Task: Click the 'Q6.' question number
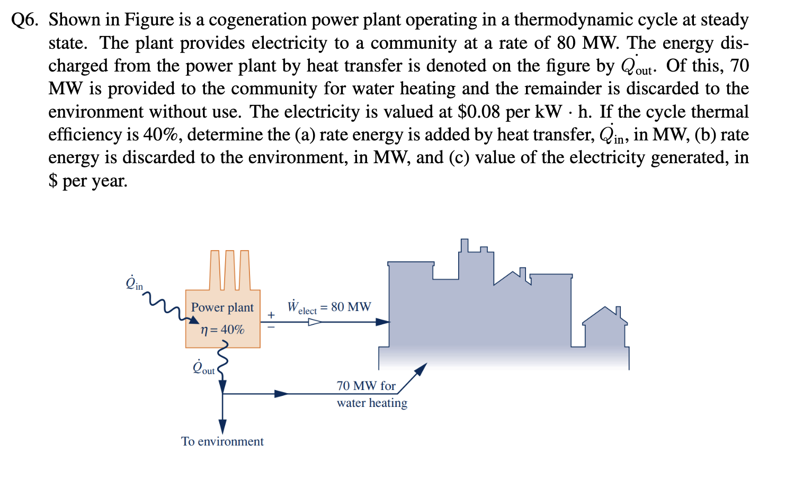tap(25, 20)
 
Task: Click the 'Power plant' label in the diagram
tap(222, 307)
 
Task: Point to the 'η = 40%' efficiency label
tap(222, 330)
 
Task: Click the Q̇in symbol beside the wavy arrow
tap(134, 283)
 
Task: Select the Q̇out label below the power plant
tap(204, 367)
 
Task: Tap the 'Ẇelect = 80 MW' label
tap(329, 307)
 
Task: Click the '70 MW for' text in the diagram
tap(366, 386)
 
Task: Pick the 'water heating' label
tap(372, 403)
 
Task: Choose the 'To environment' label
tap(222, 441)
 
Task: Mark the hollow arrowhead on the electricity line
tap(315, 322)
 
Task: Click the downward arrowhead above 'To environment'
tap(222, 426)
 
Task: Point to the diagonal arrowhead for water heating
tap(421, 369)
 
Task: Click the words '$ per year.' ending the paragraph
tap(88, 181)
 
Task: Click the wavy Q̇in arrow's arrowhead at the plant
tap(194, 320)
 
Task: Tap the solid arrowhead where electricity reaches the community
tap(383, 322)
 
